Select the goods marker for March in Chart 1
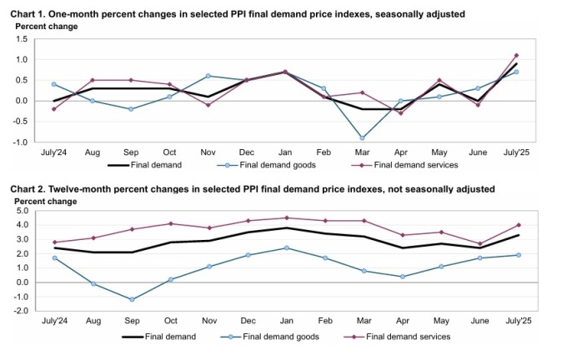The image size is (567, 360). tap(362, 137)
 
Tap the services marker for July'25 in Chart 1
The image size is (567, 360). tap(516, 56)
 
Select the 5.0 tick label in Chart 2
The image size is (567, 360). tap(23, 210)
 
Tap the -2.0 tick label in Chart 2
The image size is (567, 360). tap(22, 311)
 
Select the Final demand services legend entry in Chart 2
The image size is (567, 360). tap(400, 337)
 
